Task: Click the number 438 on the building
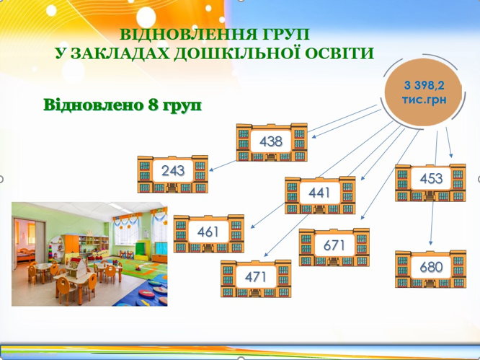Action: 271,141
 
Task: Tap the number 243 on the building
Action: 173,171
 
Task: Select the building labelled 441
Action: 320,195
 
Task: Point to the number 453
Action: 431,178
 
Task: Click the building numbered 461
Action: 209,234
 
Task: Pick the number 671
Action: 334,245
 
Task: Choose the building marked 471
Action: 256,278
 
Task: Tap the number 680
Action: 431,267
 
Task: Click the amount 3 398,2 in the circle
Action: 424,85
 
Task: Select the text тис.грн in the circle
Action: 424,100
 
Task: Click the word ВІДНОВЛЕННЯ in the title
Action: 189,35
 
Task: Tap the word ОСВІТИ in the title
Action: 339,53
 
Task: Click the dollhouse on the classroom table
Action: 74,266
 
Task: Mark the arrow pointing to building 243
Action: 223,165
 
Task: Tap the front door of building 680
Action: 431,283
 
